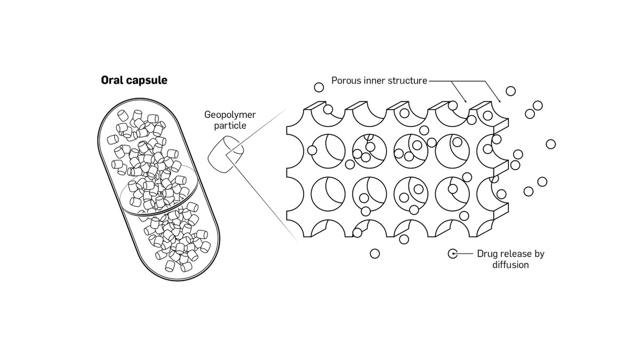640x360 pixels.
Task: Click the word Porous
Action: (x=346, y=81)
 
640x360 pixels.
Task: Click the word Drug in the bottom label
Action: (x=487, y=254)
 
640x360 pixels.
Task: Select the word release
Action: (x=516, y=254)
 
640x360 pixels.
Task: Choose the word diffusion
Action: (x=510, y=265)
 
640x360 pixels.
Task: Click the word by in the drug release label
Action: (x=539, y=254)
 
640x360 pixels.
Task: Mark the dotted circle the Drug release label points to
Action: (x=452, y=254)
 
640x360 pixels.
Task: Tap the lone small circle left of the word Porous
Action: (x=318, y=87)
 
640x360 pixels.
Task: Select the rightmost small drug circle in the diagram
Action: (x=551, y=144)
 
